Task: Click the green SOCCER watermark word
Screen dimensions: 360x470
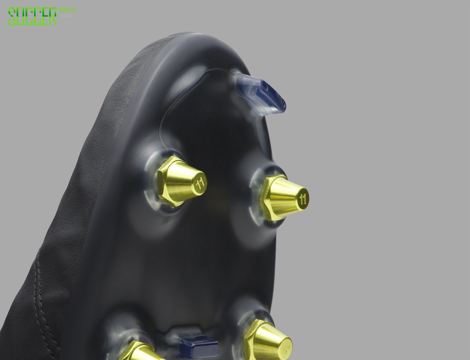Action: point(32,16)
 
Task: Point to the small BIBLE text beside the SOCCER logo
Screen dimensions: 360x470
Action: point(68,10)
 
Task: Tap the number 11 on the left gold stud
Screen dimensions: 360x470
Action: point(200,182)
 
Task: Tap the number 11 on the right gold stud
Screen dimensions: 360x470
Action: point(302,198)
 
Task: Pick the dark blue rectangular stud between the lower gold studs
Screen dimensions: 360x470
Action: point(198,346)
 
